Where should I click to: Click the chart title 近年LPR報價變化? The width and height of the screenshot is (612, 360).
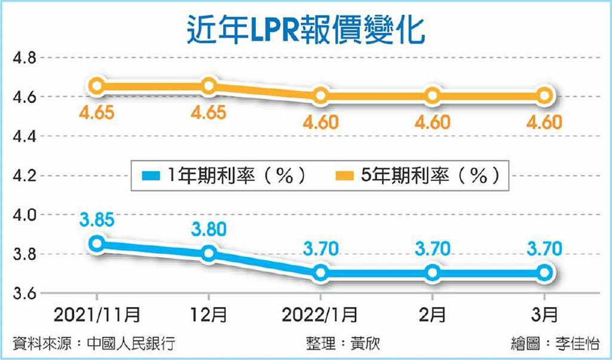tap(305, 27)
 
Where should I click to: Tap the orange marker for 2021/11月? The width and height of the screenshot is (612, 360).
tap(98, 86)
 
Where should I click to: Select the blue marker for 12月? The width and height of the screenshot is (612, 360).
tap(209, 253)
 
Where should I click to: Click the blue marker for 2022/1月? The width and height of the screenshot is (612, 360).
tap(321, 273)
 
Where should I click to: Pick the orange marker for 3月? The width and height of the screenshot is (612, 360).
tap(544, 95)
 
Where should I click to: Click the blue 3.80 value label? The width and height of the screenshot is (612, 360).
tap(209, 230)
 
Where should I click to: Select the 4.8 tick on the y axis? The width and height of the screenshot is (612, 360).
tap(24, 58)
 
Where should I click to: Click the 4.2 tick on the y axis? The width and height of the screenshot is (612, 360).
tap(24, 176)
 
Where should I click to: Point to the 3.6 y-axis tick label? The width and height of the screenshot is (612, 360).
tap(24, 294)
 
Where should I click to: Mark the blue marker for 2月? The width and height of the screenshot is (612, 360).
tap(433, 273)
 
